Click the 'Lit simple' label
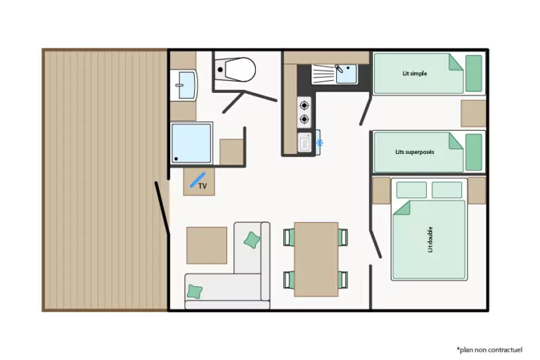coord(415,73)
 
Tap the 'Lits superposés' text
coord(415,152)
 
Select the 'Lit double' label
coord(430,240)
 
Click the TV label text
coord(202,186)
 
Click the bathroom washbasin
coord(186,85)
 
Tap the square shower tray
coord(191,143)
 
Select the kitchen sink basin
coord(347,74)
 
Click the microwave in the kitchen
coord(304,143)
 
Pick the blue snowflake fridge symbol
coord(320,143)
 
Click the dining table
coord(316,259)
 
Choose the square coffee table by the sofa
coord(207,245)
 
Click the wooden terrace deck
coord(105,180)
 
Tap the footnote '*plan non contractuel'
coord(489,350)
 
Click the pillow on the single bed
coord(473,73)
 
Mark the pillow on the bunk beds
coord(473,153)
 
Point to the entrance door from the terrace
coord(162,208)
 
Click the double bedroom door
coord(375,244)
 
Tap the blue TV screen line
coord(198,180)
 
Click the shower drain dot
coord(176,159)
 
